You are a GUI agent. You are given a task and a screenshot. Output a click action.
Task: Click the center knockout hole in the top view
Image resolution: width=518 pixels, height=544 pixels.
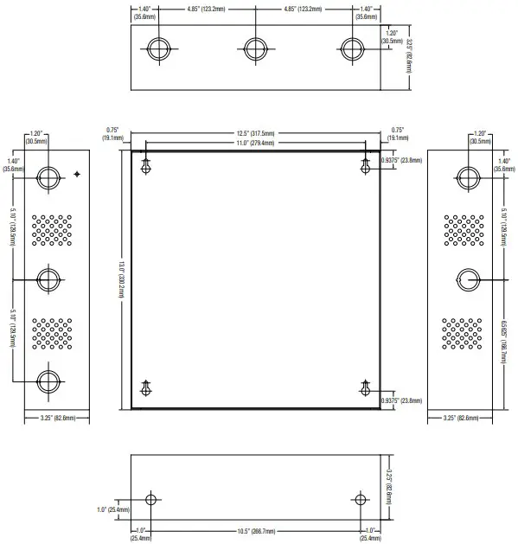(x=253, y=48)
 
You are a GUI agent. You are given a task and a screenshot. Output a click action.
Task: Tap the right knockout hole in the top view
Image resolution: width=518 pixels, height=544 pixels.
(x=349, y=48)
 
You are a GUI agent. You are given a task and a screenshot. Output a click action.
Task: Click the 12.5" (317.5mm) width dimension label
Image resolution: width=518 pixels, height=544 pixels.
(x=255, y=133)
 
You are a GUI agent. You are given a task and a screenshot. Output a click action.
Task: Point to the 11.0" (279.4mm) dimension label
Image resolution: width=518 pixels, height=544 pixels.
(x=255, y=143)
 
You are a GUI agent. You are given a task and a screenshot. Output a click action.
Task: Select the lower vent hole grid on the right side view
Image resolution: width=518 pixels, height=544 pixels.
(x=463, y=333)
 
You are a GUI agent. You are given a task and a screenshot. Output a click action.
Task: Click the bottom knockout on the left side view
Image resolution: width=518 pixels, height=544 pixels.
(x=49, y=380)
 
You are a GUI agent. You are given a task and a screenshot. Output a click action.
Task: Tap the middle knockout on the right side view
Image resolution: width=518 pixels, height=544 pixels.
(x=467, y=278)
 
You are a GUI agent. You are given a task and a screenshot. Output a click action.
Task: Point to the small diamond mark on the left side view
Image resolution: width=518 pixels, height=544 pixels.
(x=78, y=175)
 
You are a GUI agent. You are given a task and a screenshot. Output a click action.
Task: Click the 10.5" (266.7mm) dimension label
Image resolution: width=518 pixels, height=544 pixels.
(x=256, y=530)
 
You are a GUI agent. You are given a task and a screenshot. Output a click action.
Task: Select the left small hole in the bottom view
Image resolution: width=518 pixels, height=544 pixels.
(x=151, y=500)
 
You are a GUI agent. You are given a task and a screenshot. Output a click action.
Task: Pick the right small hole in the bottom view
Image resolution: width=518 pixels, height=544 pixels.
(x=361, y=500)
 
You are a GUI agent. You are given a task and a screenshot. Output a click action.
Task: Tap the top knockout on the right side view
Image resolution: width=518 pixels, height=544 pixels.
(x=467, y=178)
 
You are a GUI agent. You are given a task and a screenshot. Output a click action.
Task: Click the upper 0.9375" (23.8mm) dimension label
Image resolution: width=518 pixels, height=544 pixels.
(x=400, y=161)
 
